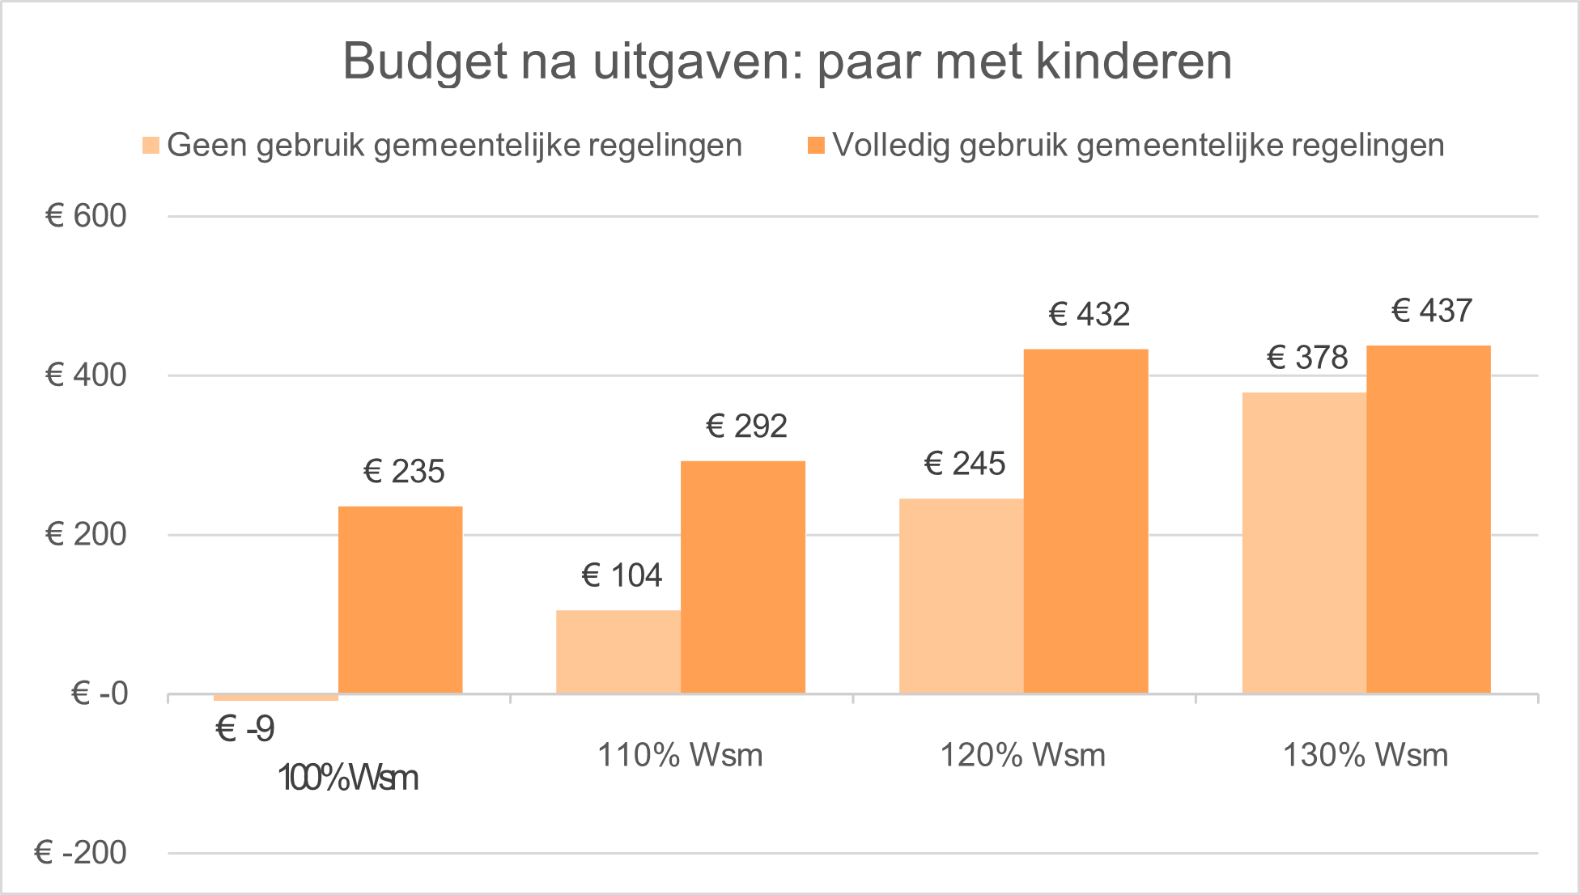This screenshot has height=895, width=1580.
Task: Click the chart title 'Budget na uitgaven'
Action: coord(787,62)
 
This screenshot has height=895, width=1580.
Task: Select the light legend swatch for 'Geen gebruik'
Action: coord(151,146)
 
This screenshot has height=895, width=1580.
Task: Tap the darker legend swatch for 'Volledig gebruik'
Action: coord(816,146)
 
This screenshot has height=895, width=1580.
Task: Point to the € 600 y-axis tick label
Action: coord(87,216)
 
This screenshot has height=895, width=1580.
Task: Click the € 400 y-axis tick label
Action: coord(87,375)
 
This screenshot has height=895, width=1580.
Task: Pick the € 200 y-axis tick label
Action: coord(87,534)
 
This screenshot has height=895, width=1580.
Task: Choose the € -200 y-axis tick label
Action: coord(81,853)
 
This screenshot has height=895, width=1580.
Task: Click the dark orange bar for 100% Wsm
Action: coord(401,600)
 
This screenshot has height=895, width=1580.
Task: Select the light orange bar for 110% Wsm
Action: coord(618,651)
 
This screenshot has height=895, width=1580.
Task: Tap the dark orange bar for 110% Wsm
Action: coord(743,577)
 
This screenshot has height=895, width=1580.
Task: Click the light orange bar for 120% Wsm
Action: coord(961,596)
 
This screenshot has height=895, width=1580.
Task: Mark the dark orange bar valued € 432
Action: coord(1085,521)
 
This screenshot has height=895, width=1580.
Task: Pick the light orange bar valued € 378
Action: coord(1303,543)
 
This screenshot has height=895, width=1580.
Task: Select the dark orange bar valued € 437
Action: coord(1429,520)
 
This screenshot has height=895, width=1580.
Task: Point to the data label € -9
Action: coord(245,729)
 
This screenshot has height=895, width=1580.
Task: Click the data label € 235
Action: coord(404,472)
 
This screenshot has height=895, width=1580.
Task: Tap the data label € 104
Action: coord(622,576)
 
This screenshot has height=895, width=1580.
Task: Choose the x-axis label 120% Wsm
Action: coord(1022,756)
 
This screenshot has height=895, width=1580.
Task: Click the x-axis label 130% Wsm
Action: coord(1366,756)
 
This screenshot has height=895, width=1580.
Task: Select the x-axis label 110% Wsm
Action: coord(680,756)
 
